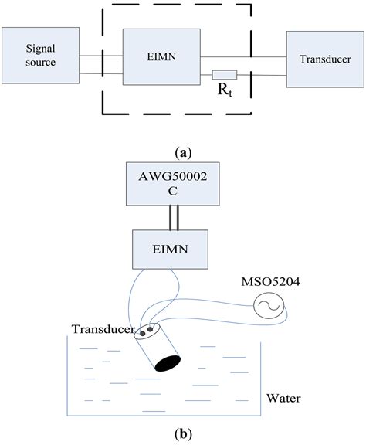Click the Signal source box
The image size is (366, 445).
40,56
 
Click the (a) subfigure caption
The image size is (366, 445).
183,154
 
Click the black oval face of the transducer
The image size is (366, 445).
165,362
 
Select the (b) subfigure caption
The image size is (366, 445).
183,433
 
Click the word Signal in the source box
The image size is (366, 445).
40,49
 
